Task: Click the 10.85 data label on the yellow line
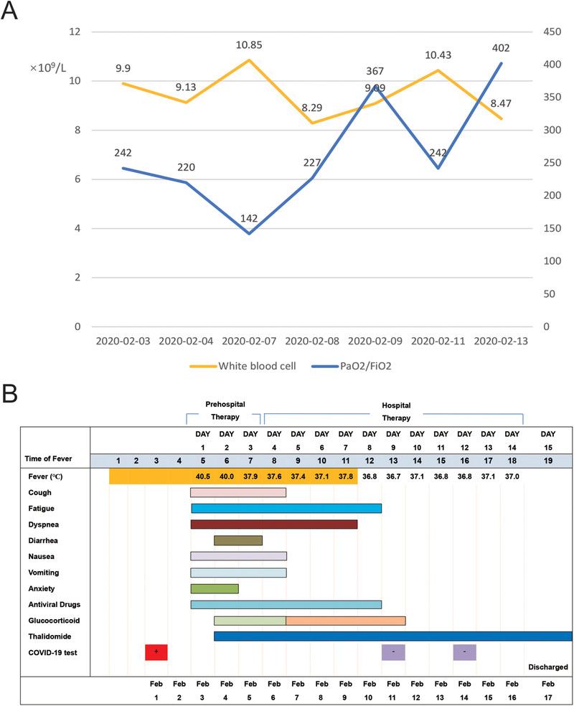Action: pyautogui.click(x=248, y=45)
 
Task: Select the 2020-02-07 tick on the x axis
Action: pyautogui.click(x=248, y=342)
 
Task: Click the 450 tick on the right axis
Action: pyautogui.click(x=551, y=32)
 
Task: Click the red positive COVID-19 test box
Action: pyautogui.click(x=156, y=651)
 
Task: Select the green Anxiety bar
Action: pyautogui.click(x=214, y=588)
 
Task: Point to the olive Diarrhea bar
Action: pyautogui.click(x=237, y=540)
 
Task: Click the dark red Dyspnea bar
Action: pyautogui.click(x=273, y=524)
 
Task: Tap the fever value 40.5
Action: pyautogui.click(x=202, y=476)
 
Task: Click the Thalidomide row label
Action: pyautogui.click(x=49, y=636)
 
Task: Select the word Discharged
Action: pyautogui.click(x=547, y=667)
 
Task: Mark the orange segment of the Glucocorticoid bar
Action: pyautogui.click(x=345, y=620)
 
